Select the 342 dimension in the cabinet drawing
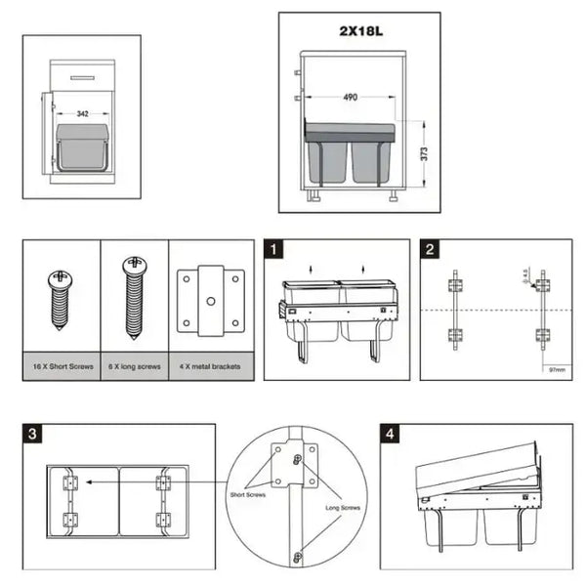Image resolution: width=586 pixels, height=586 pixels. click(x=83, y=114)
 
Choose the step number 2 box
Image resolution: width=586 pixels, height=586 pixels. click(x=430, y=250)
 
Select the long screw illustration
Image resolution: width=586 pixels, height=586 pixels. click(x=134, y=294)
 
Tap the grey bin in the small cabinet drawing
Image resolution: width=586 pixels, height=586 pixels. click(x=83, y=147)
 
